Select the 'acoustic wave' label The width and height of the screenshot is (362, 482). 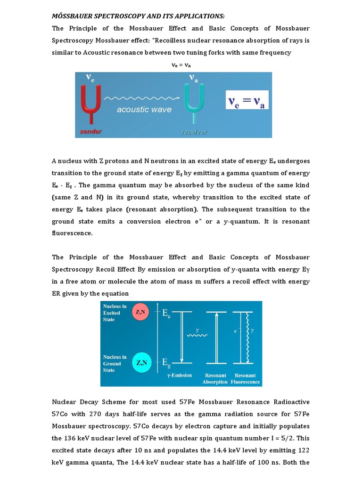coord(138,110)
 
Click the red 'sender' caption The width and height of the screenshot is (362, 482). coord(90,131)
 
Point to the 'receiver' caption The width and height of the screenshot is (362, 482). coord(194,132)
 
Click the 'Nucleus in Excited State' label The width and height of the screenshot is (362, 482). coord(112,313)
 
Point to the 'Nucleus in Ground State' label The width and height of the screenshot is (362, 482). coord(115,363)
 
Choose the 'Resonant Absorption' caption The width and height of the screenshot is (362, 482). coord(215,378)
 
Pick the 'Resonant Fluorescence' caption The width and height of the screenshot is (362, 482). coord(245,378)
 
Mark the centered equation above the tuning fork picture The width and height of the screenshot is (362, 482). coord(181,65)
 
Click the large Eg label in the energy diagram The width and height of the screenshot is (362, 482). coord(166,362)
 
